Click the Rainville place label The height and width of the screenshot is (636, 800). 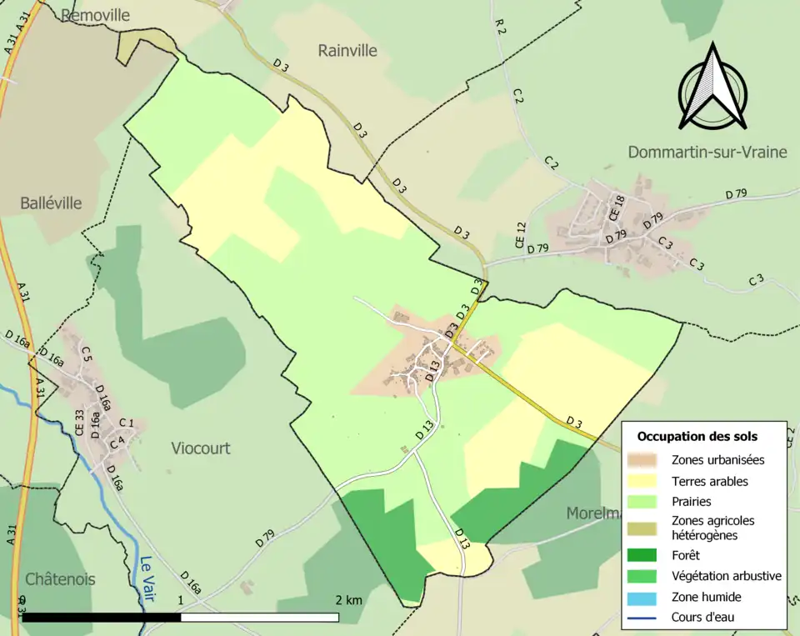[x=347, y=51]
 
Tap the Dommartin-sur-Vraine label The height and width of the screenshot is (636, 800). [x=705, y=152]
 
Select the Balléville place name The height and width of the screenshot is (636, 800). [x=52, y=203]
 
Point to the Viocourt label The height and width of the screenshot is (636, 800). [x=201, y=448]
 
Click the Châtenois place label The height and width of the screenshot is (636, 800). [x=60, y=578]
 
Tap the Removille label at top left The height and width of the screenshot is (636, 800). [x=96, y=15]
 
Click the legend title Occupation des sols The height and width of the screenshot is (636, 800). [x=697, y=436]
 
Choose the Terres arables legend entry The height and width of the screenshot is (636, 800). [x=709, y=481]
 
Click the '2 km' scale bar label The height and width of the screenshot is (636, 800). [x=348, y=600]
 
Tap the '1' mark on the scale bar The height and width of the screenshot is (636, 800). [x=180, y=600]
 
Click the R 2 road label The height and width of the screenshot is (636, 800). [x=500, y=27]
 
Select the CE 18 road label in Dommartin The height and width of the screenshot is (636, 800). [x=617, y=207]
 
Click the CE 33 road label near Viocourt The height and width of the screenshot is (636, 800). [x=80, y=423]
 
